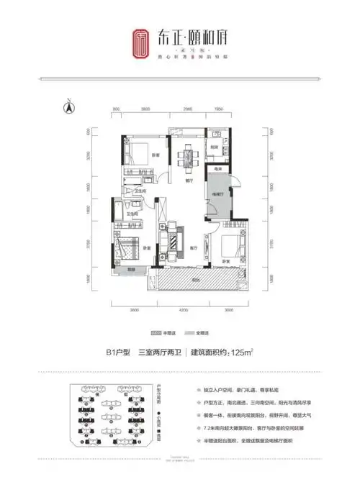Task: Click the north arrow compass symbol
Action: tap(69, 108)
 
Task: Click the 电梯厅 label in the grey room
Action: tap(216, 195)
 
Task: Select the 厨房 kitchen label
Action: tap(215, 147)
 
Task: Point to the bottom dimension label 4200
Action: tap(183, 309)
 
